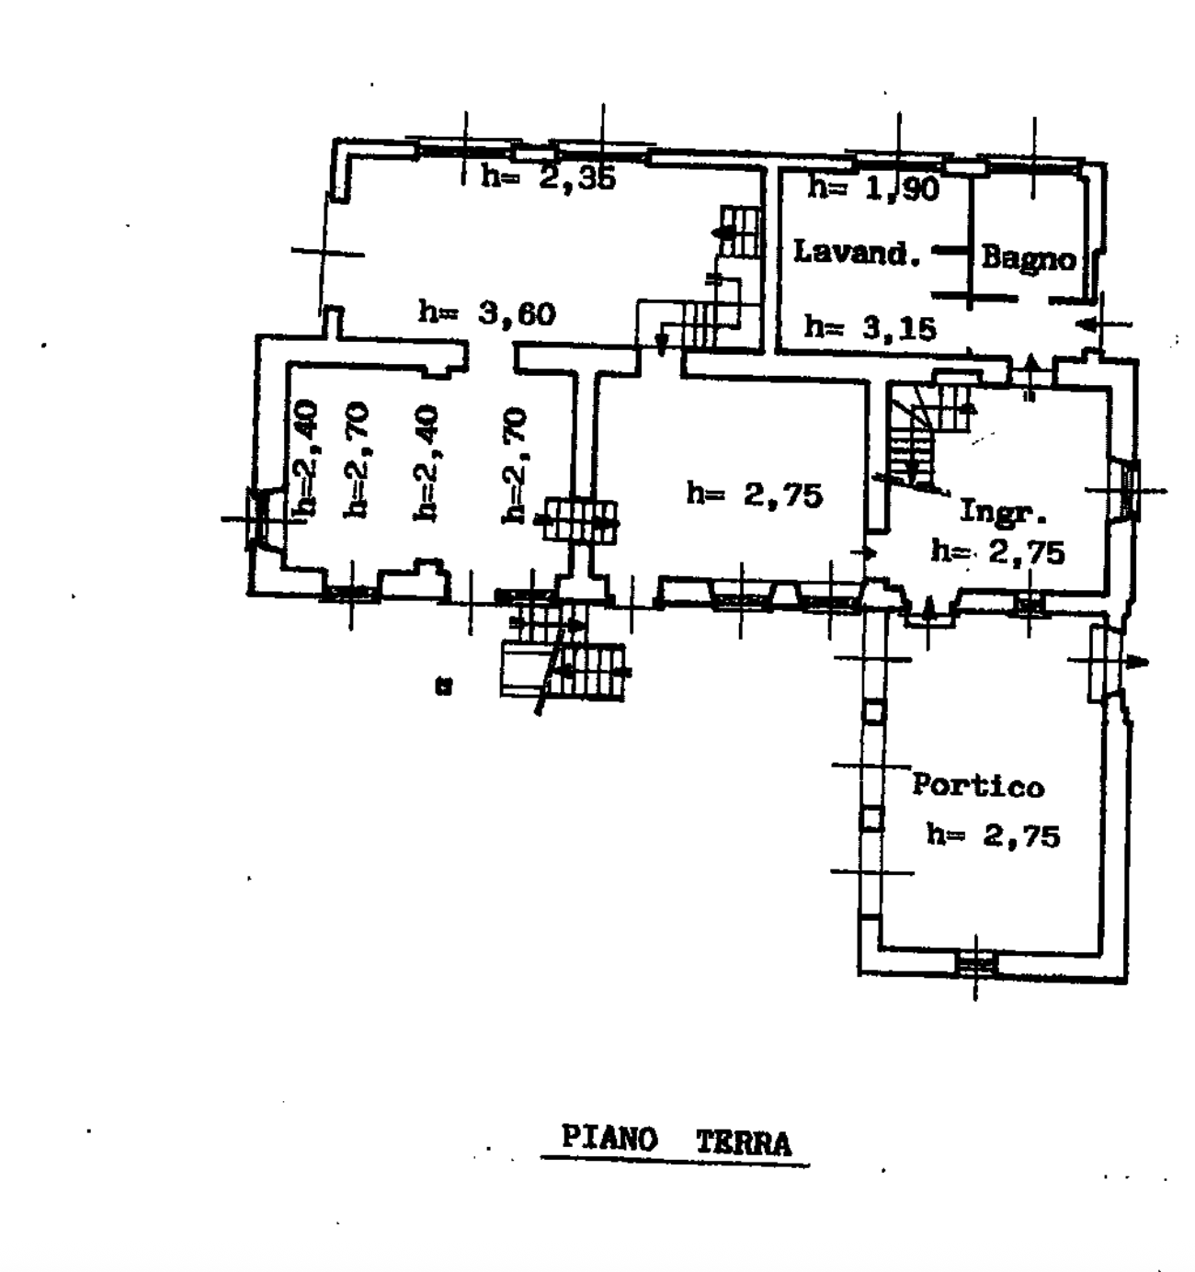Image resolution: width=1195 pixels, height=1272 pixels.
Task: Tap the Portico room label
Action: coord(978,785)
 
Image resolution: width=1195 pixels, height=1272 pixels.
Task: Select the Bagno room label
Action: coord(1029,259)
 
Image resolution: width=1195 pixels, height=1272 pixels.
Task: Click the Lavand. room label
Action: coord(857,252)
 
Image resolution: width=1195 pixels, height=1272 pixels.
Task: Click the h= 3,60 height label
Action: coord(487,313)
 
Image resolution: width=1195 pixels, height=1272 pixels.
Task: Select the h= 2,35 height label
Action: coord(548,176)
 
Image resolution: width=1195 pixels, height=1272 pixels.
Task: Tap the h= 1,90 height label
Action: coord(873,187)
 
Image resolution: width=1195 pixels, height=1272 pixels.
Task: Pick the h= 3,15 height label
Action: coord(871,327)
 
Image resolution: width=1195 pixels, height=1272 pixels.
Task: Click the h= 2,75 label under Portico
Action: coord(993,835)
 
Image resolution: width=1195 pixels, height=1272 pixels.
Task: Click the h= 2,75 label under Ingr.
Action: coord(997,551)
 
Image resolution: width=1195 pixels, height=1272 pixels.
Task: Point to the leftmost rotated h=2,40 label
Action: coord(304,458)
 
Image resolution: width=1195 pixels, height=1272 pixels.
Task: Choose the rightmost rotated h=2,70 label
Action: coord(515,466)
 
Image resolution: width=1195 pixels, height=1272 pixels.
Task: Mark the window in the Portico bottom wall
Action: coord(976,964)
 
